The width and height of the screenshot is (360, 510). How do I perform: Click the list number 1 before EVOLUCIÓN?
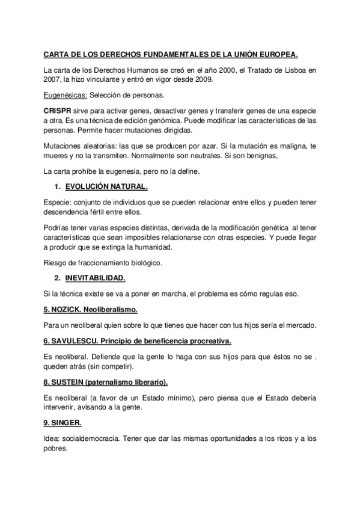pos(56,187)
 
